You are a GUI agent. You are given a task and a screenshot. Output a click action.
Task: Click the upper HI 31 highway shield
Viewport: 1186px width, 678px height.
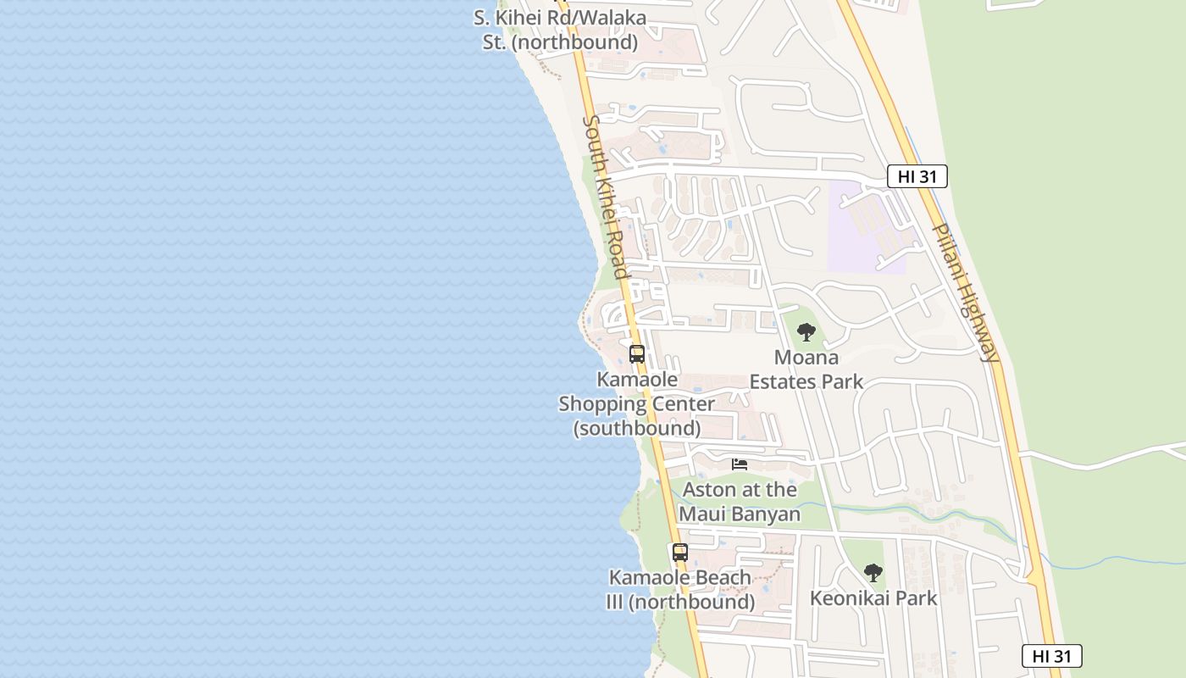tap(917, 176)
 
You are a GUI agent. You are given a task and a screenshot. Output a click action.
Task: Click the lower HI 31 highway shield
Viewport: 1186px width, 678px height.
tap(1051, 656)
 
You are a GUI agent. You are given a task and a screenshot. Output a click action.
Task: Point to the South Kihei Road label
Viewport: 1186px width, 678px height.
tap(605, 197)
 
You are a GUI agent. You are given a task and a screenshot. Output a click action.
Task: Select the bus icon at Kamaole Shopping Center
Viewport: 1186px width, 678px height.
tap(637, 354)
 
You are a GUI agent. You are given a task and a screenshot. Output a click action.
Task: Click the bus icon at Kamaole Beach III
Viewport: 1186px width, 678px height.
tap(679, 553)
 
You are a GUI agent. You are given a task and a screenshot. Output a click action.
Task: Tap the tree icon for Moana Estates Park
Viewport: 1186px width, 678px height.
tap(806, 331)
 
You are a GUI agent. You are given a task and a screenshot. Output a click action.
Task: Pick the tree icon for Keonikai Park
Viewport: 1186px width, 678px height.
tap(873, 573)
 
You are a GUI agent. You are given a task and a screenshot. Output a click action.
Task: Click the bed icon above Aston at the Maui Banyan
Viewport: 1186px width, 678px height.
tap(740, 464)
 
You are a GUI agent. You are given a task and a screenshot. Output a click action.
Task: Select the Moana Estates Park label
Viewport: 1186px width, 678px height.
tap(806, 370)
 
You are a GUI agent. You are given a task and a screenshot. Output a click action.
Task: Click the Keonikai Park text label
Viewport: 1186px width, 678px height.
tap(873, 598)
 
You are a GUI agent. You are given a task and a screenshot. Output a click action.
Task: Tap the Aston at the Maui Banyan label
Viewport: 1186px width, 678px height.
tap(740, 502)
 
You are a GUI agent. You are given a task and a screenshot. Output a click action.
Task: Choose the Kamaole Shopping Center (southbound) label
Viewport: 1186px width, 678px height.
tap(636, 403)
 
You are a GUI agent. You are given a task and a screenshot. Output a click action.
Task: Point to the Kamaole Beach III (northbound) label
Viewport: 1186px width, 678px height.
tap(679, 589)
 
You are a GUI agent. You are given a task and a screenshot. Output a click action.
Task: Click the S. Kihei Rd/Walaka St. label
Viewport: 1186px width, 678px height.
tap(560, 30)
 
